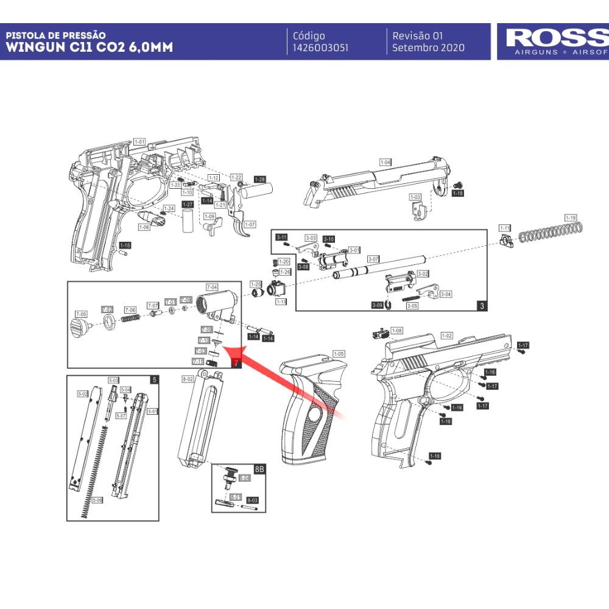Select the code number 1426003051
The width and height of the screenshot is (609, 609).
[x=320, y=48]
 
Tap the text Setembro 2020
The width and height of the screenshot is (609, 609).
[x=428, y=48]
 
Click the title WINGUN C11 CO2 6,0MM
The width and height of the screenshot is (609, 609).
[x=90, y=48]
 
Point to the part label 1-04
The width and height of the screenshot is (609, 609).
[x=385, y=163]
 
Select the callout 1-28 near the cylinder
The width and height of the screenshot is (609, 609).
[x=260, y=180]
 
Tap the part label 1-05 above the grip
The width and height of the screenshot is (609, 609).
[x=339, y=354]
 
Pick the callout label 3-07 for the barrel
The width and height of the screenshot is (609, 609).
[x=373, y=259]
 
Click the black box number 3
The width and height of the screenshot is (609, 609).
[x=482, y=306]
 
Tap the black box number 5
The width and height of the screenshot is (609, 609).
[x=154, y=379]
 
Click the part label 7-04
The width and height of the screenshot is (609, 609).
[x=212, y=286]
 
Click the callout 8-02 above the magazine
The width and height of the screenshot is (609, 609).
[x=188, y=379]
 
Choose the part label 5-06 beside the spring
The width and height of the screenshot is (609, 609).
[x=97, y=500]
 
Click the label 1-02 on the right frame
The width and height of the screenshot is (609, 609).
[x=446, y=336]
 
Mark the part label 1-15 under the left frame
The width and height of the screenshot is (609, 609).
[x=125, y=245]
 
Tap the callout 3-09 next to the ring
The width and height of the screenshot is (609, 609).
[x=377, y=305]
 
